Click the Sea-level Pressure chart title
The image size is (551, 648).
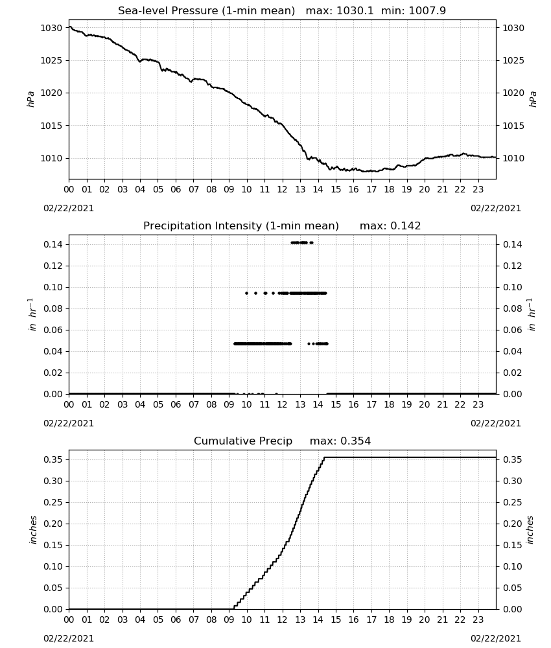pyautogui.click(x=206, y=11)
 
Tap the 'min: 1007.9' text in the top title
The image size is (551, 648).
pyautogui.click(x=414, y=11)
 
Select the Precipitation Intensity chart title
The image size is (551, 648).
pyautogui.click(x=241, y=226)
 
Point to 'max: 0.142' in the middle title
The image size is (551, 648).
pyautogui.click(x=390, y=226)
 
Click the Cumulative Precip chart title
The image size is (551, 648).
pyautogui.click(x=243, y=441)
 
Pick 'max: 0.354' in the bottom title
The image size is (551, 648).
pyautogui.click(x=340, y=441)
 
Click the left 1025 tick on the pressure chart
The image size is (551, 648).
pyautogui.click(x=51, y=60)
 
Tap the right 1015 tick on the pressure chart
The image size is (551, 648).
pyautogui.click(x=513, y=126)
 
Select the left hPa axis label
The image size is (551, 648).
pyautogui.click(x=30, y=99)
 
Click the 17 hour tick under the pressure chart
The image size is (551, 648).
pyautogui.click(x=371, y=189)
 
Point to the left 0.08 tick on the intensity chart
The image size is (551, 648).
pyautogui.click(x=53, y=308)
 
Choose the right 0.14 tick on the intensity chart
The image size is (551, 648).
pyautogui.click(x=513, y=245)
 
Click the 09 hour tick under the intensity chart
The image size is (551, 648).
pyautogui.click(x=229, y=404)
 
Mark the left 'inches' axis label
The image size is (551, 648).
pyautogui.click(x=33, y=530)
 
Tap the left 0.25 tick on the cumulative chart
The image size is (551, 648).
pyautogui.click(x=53, y=503)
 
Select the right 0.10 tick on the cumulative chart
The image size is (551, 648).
pyautogui.click(x=513, y=566)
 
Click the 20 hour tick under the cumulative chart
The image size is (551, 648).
pyautogui.click(x=425, y=619)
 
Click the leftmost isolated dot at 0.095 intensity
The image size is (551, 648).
pyautogui.click(x=247, y=293)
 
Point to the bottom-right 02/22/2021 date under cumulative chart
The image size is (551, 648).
pyautogui.click(x=496, y=638)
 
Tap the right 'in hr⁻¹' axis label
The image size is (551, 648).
pyautogui.click(x=532, y=314)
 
